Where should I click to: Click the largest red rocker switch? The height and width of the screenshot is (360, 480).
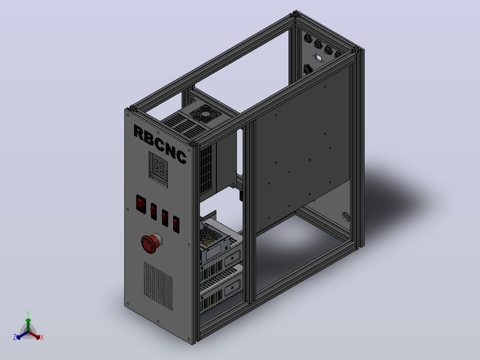(141, 204)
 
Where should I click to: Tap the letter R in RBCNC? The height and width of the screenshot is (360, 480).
(139, 133)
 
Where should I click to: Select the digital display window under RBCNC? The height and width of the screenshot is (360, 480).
(159, 169)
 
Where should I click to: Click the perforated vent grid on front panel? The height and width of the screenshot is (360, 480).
(158, 286)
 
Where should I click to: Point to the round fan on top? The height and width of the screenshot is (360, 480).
(205, 114)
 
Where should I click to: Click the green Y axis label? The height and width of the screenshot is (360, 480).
(28, 313)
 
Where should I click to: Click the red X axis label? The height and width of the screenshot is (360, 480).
(42, 337)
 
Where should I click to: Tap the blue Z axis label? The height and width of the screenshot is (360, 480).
(15, 337)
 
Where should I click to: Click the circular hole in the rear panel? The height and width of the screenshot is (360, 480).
(346, 217)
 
